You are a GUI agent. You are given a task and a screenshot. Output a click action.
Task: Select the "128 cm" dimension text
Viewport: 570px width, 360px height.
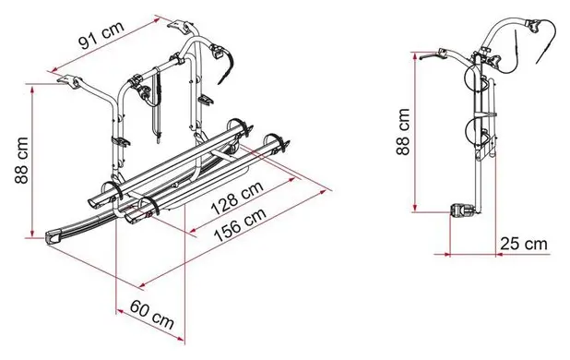[237, 198]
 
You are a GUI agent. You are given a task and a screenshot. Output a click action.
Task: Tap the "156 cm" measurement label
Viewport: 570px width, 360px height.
[240, 224]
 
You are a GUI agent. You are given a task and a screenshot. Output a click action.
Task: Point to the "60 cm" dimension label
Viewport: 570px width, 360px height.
[151, 313]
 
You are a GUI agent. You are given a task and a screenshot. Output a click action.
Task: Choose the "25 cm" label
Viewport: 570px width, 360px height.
[524, 244]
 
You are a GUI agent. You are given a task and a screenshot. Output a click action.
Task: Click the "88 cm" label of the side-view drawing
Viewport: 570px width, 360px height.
[403, 132]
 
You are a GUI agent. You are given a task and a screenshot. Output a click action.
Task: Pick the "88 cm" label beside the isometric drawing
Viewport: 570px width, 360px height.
[21, 161]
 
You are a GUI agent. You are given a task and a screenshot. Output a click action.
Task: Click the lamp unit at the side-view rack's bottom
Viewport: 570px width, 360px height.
[462, 210]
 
